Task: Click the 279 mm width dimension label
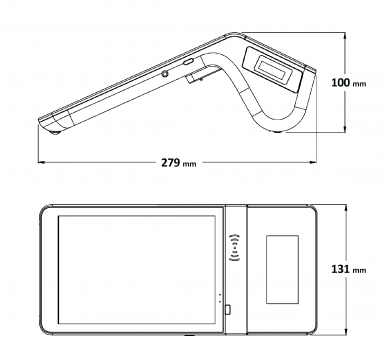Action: point(179,163)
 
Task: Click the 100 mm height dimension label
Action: point(349,83)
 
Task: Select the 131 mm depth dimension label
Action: point(349,269)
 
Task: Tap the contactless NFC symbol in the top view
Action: point(235,248)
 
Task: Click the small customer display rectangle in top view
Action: point(282,269)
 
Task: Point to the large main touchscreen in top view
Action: point(137,270)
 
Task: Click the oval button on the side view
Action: point(189,62)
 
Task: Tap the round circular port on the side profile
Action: point(164,74)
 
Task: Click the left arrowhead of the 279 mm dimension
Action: point(41,162)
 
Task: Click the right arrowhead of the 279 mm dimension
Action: point(313,162)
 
